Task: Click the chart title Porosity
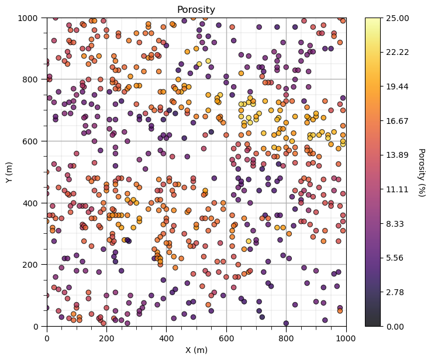[196, 9]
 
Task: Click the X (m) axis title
[196, 349]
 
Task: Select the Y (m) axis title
[9, 172]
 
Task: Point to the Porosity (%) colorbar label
[420, 172]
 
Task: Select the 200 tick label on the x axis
[106, 336]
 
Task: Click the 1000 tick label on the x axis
[346, 336]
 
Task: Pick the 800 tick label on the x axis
[287, 336]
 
